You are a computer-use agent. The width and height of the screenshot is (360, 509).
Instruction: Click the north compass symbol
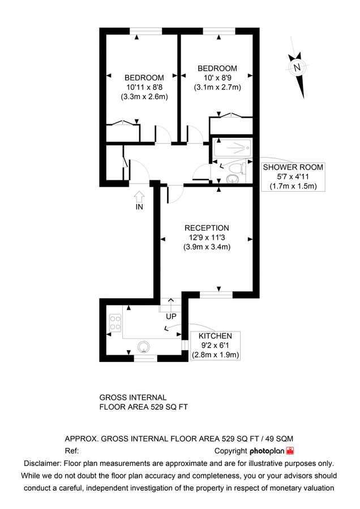pyautogui.click(x=296, y=68)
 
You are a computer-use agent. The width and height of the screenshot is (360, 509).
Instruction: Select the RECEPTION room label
pyautogui.click(x=207, y=228)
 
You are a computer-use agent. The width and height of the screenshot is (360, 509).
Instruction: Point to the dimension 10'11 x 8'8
pyautogui.click(x=144, y=87)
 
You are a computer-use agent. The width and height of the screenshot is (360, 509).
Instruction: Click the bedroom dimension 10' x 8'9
pyautogui.click(x=217, y=77)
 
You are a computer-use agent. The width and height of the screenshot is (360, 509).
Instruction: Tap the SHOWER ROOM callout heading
pyautogui.click(x=293, y=167)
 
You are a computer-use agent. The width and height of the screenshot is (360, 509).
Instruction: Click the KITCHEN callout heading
pyautogui.click(x=215, y=335)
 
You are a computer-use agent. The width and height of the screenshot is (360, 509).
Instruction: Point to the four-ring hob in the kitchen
pyautogui.click(x=115, y=323)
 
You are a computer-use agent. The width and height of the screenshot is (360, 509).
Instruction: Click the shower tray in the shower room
pyautogui.click(x=232, y=149)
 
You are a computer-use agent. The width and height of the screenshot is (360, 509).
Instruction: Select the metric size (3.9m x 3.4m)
pyautogui.click(x=207, y=247)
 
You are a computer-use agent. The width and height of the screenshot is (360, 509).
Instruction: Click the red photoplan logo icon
pyautogui.click(x=290, y=451)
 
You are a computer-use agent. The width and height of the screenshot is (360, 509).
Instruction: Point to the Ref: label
pyautogui.click(x=71, y=451)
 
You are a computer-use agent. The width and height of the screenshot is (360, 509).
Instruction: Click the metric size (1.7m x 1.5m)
pyautogui.click(x=293, y=186)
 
